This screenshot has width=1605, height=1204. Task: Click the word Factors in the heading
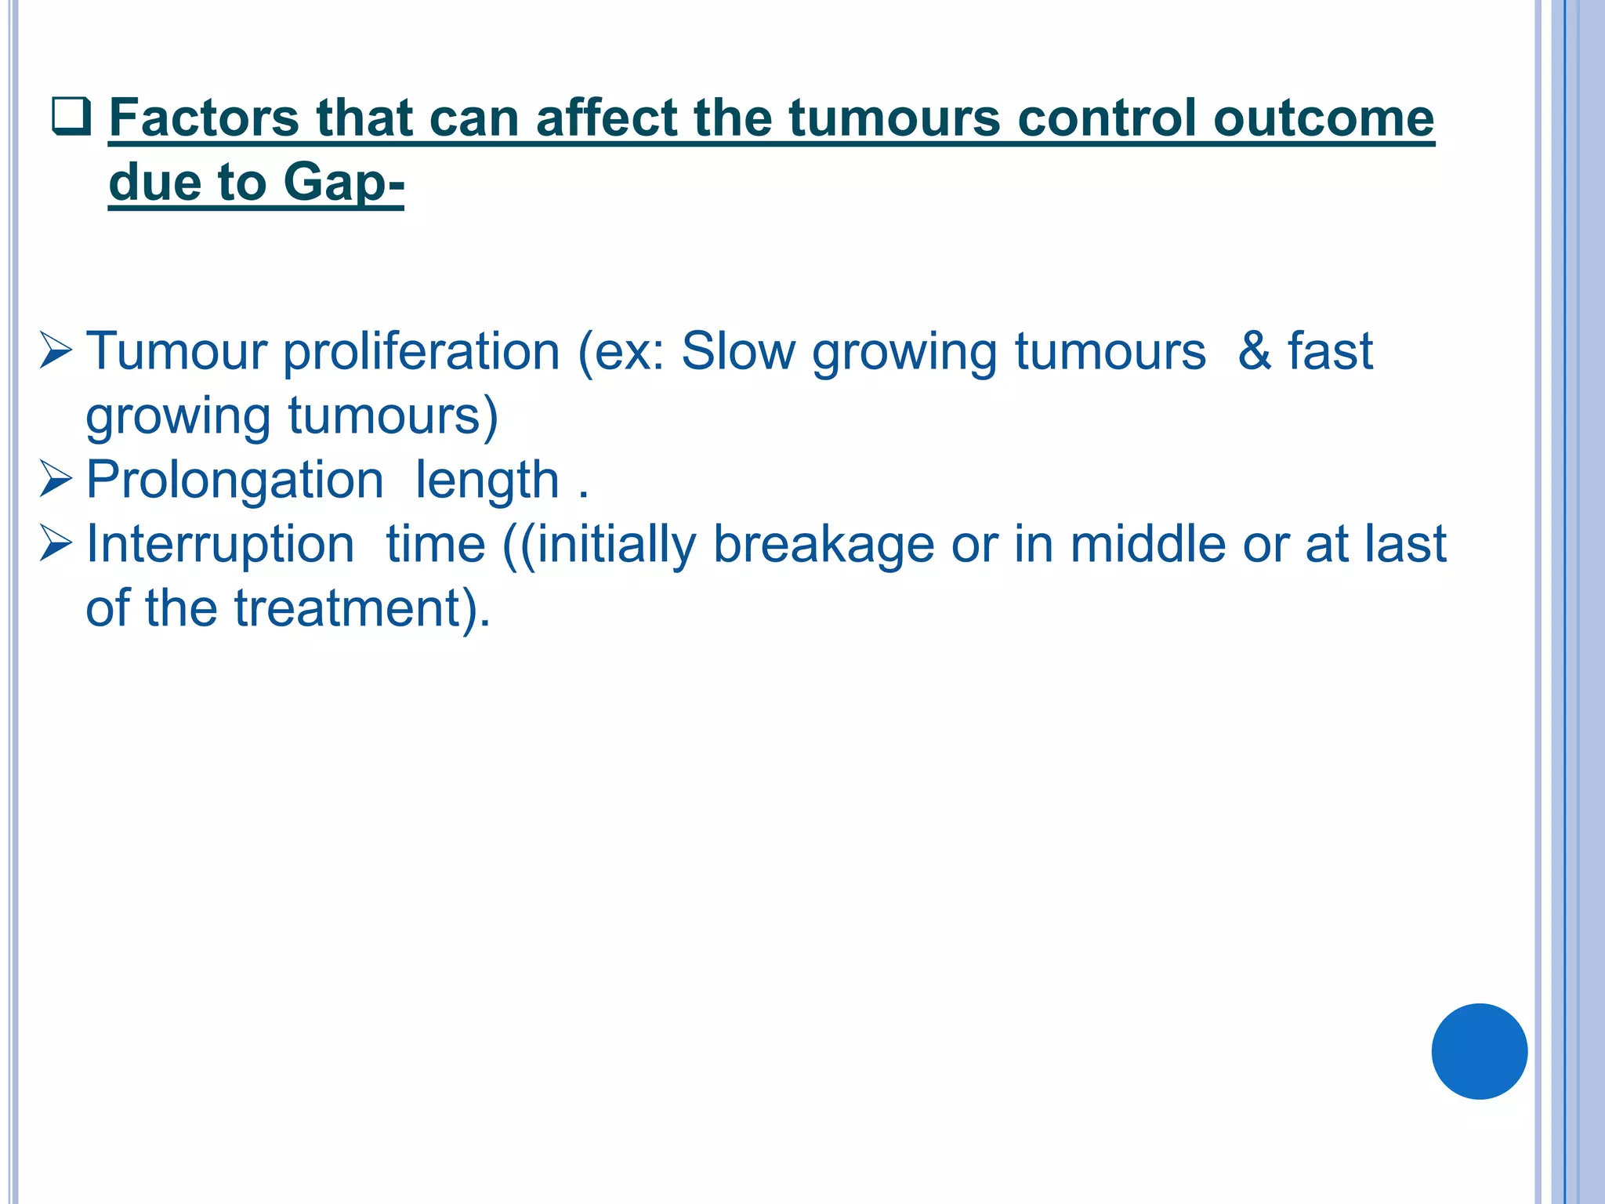205,118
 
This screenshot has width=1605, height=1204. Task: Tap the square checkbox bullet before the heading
71,117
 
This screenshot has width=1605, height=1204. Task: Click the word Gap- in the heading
343,183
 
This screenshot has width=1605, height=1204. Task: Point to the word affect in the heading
605,118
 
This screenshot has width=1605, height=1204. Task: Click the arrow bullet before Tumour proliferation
56,350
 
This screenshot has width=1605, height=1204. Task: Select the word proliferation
421,351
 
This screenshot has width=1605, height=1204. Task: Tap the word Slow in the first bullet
737,350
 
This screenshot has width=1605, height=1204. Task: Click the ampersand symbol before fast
1254,350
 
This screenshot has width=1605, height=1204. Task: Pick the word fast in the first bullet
1330,350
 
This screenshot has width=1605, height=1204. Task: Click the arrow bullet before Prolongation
56,479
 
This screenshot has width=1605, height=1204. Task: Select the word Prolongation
234,480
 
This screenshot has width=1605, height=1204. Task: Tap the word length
487,480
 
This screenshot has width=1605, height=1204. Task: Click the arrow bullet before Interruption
56,543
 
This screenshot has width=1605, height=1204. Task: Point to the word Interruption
219,544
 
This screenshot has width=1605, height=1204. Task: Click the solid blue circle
1479,1051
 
